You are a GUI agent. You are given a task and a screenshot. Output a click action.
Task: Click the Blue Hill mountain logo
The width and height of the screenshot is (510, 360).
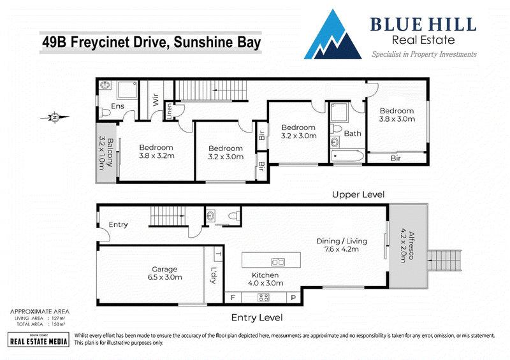pos(333,35)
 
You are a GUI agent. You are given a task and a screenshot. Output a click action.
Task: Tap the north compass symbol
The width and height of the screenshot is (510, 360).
pos(55,117)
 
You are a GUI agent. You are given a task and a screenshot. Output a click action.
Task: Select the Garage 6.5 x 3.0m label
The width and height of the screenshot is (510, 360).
pos(164,273)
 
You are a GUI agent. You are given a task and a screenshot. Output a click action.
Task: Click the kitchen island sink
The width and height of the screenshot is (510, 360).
pos(278,262)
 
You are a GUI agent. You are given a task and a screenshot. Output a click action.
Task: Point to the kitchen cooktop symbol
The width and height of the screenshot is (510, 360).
pos(263,297)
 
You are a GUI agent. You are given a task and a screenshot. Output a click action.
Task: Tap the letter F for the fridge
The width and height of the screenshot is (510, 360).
pos(233,298)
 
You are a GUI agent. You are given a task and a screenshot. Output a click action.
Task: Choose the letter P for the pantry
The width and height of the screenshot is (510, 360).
pos(293,298)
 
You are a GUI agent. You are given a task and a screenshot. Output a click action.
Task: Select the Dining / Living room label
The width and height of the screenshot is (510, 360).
pos(342,245)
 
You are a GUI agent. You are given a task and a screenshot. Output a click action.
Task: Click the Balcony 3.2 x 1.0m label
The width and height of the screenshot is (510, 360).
pos(106,153)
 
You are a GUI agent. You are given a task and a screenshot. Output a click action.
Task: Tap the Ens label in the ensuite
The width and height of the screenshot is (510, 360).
pos(117,106)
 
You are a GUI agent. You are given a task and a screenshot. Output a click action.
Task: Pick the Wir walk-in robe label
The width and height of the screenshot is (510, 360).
pos(156,99)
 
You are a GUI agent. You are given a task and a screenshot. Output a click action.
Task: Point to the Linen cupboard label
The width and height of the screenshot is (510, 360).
pos(169,112)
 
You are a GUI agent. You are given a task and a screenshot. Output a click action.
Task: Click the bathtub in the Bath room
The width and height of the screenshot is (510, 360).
pos(347,156)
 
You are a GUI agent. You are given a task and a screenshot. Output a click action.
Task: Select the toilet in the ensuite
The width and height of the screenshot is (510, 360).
pos(105,113)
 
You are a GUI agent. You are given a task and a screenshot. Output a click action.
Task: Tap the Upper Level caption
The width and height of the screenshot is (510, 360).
pos(358,194)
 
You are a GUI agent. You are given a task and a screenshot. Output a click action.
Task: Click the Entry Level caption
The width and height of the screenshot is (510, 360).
pos(257,317)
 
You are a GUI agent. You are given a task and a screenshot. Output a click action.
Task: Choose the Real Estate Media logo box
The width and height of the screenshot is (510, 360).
pos(38,340)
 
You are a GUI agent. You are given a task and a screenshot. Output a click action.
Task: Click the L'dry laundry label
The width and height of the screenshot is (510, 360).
pos(214,275)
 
